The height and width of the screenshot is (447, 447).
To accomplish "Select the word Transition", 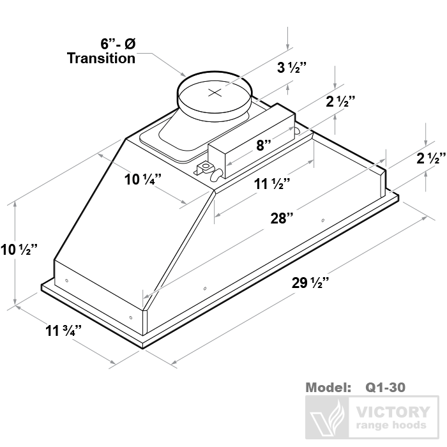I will (x=102, y=58).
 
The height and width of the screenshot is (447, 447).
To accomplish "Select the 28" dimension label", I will (x=282, y=218).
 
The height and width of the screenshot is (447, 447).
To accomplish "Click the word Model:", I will (x=328, y=387).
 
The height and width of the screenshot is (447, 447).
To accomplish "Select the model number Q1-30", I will (x=385, y=387).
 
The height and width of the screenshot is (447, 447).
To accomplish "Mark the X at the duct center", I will (x=215, y=93).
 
